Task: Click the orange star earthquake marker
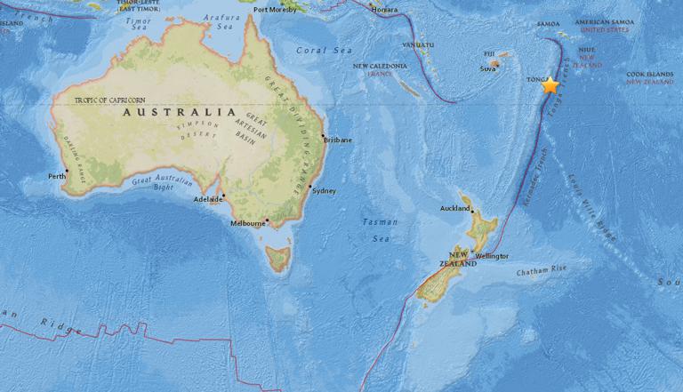[x=550, y=85]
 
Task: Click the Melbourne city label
[x=248, y=223]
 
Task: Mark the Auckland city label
[x=454, y=209]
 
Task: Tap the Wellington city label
[x=492, y=256]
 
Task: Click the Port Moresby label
[x=275, y=11]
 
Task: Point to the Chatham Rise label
[x=539, y=273]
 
